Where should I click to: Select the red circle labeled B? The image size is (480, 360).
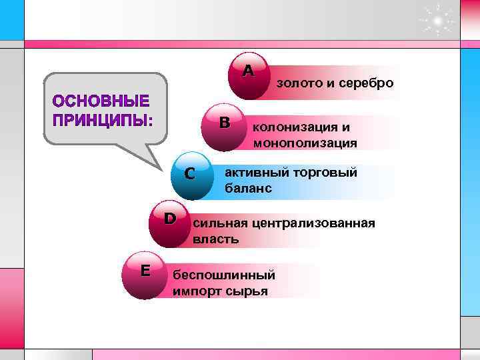pyautogui.click(x=225, y=125)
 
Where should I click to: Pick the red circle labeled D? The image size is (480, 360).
pyautogui.click(x=171, y=223)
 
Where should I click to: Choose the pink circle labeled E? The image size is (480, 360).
pyautogui.click(x=145, y=275)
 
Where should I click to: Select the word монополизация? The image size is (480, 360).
pyautogui.click(x=305, y=143)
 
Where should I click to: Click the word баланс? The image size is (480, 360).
pyautogui.click(x=248, y=189)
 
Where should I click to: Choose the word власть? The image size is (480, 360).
pyautogui.click(x=215, y=239)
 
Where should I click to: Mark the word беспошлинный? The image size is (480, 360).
pyautogui.click(x=223, y=275)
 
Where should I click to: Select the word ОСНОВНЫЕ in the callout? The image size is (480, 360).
pyautogui.click(x=101, y=103)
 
